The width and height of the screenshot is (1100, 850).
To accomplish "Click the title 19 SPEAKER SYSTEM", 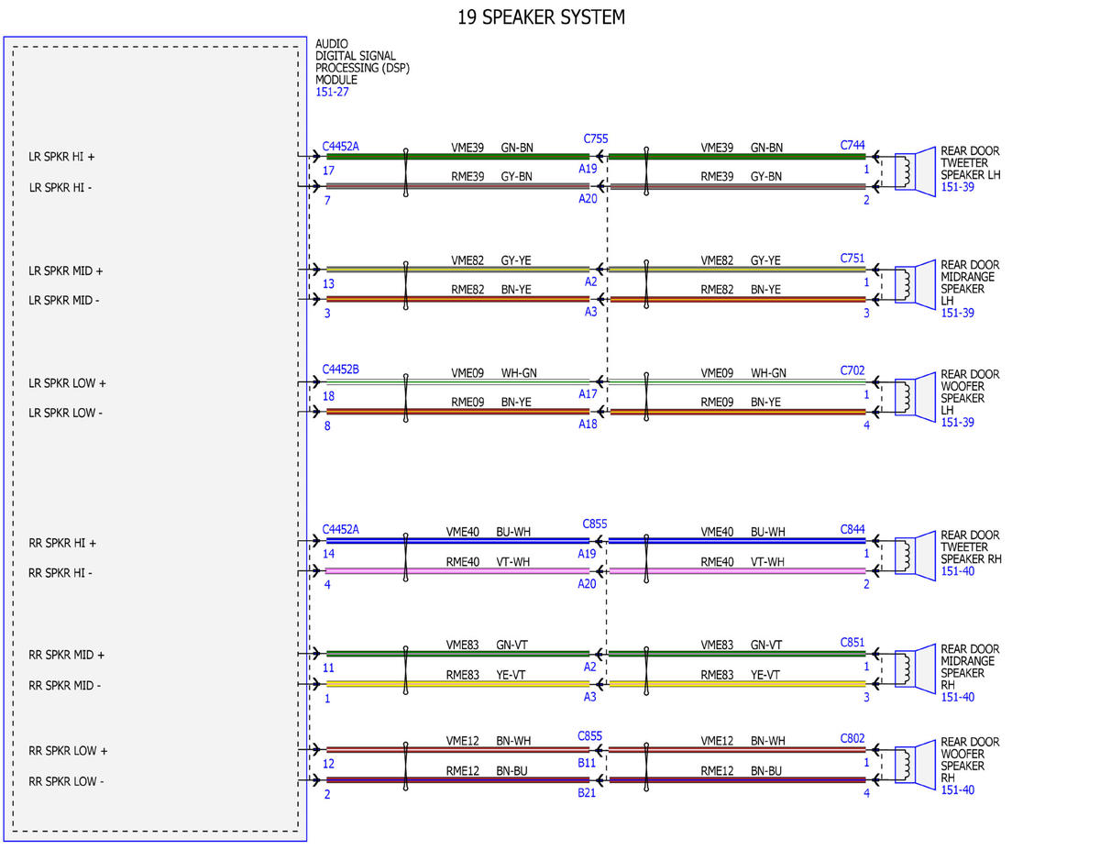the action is click(x=541, y=17).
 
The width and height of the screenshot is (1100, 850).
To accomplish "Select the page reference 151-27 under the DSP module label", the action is click(x=332, y=92).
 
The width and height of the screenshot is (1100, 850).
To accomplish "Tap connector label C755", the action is click(x=595, y=138).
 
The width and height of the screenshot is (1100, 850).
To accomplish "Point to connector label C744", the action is click(x=852, y=145).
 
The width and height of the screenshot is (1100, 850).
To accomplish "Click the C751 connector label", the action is click(x=852, y=259).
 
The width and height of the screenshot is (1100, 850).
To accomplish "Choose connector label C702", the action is click(x=852, y=370).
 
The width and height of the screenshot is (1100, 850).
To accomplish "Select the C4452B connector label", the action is click(x=340, y=370).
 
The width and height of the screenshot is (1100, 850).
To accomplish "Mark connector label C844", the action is click(x=852, y=530).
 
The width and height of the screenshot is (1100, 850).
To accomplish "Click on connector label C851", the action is click(x=852, y=643).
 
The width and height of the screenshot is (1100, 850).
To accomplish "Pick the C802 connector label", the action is click(x=852, y=739).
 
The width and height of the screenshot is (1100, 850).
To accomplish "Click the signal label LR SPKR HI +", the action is click(x=61, y=157).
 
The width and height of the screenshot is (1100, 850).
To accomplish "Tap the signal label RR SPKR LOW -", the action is click(x=66, y=781).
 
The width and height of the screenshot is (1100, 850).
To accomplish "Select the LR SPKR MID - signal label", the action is click(x=64, y=301).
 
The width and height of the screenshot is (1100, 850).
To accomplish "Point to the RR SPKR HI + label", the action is click(x=61, y=543).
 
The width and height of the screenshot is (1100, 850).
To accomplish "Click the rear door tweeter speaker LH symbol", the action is click(x=915, y=172).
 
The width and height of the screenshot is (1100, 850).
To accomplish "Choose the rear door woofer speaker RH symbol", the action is click(x=915, y=765).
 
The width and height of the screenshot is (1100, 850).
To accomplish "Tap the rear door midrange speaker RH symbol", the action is click(x=915, y=668).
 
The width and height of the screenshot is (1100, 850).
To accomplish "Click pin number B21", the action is click(x=586, y=793).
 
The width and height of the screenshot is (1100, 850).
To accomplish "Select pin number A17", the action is click(x=588, y=394).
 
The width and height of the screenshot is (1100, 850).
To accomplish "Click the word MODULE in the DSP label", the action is click(x=336, y=80).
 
